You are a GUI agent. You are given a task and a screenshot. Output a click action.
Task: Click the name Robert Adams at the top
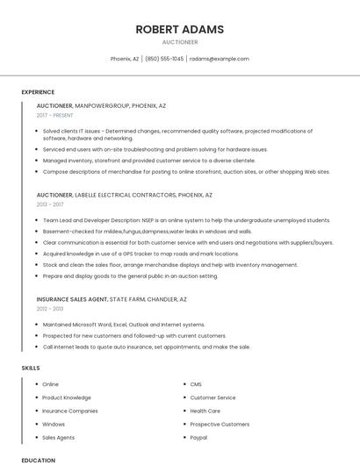(179, 29)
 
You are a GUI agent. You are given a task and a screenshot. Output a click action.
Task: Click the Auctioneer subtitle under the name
(179, 42)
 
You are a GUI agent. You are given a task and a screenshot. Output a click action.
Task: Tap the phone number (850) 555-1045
(164, 59)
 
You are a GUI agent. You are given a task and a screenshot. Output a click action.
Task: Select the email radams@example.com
(220, 59)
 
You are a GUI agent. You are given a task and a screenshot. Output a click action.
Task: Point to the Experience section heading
(38, 92)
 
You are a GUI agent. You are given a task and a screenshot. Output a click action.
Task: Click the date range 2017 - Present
(54, 115)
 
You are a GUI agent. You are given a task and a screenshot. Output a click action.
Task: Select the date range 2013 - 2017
(51, 204)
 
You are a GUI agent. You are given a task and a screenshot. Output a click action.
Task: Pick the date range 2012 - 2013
(51, 309)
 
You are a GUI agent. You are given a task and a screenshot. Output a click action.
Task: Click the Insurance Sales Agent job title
(71, 298)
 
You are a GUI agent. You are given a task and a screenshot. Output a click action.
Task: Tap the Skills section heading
(31, 368)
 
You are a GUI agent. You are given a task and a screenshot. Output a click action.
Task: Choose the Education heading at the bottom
(38, 460)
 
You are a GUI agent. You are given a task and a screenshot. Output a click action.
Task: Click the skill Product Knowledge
(66, 397)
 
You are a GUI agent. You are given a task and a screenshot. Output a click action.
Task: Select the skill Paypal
(198, 437)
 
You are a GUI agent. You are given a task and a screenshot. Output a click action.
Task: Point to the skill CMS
(196, 384)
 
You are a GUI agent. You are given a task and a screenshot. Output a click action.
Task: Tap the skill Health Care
(205, 411)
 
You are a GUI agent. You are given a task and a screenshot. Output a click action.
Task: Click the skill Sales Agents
(58, 437)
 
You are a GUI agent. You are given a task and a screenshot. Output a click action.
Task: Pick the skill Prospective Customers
(220, 424)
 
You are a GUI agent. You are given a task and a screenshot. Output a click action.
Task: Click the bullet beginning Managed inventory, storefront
(149, 161)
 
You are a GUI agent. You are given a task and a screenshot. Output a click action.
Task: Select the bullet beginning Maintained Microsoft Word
(123, 324)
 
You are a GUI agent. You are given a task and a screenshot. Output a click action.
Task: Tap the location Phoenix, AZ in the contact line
(125, 59)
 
